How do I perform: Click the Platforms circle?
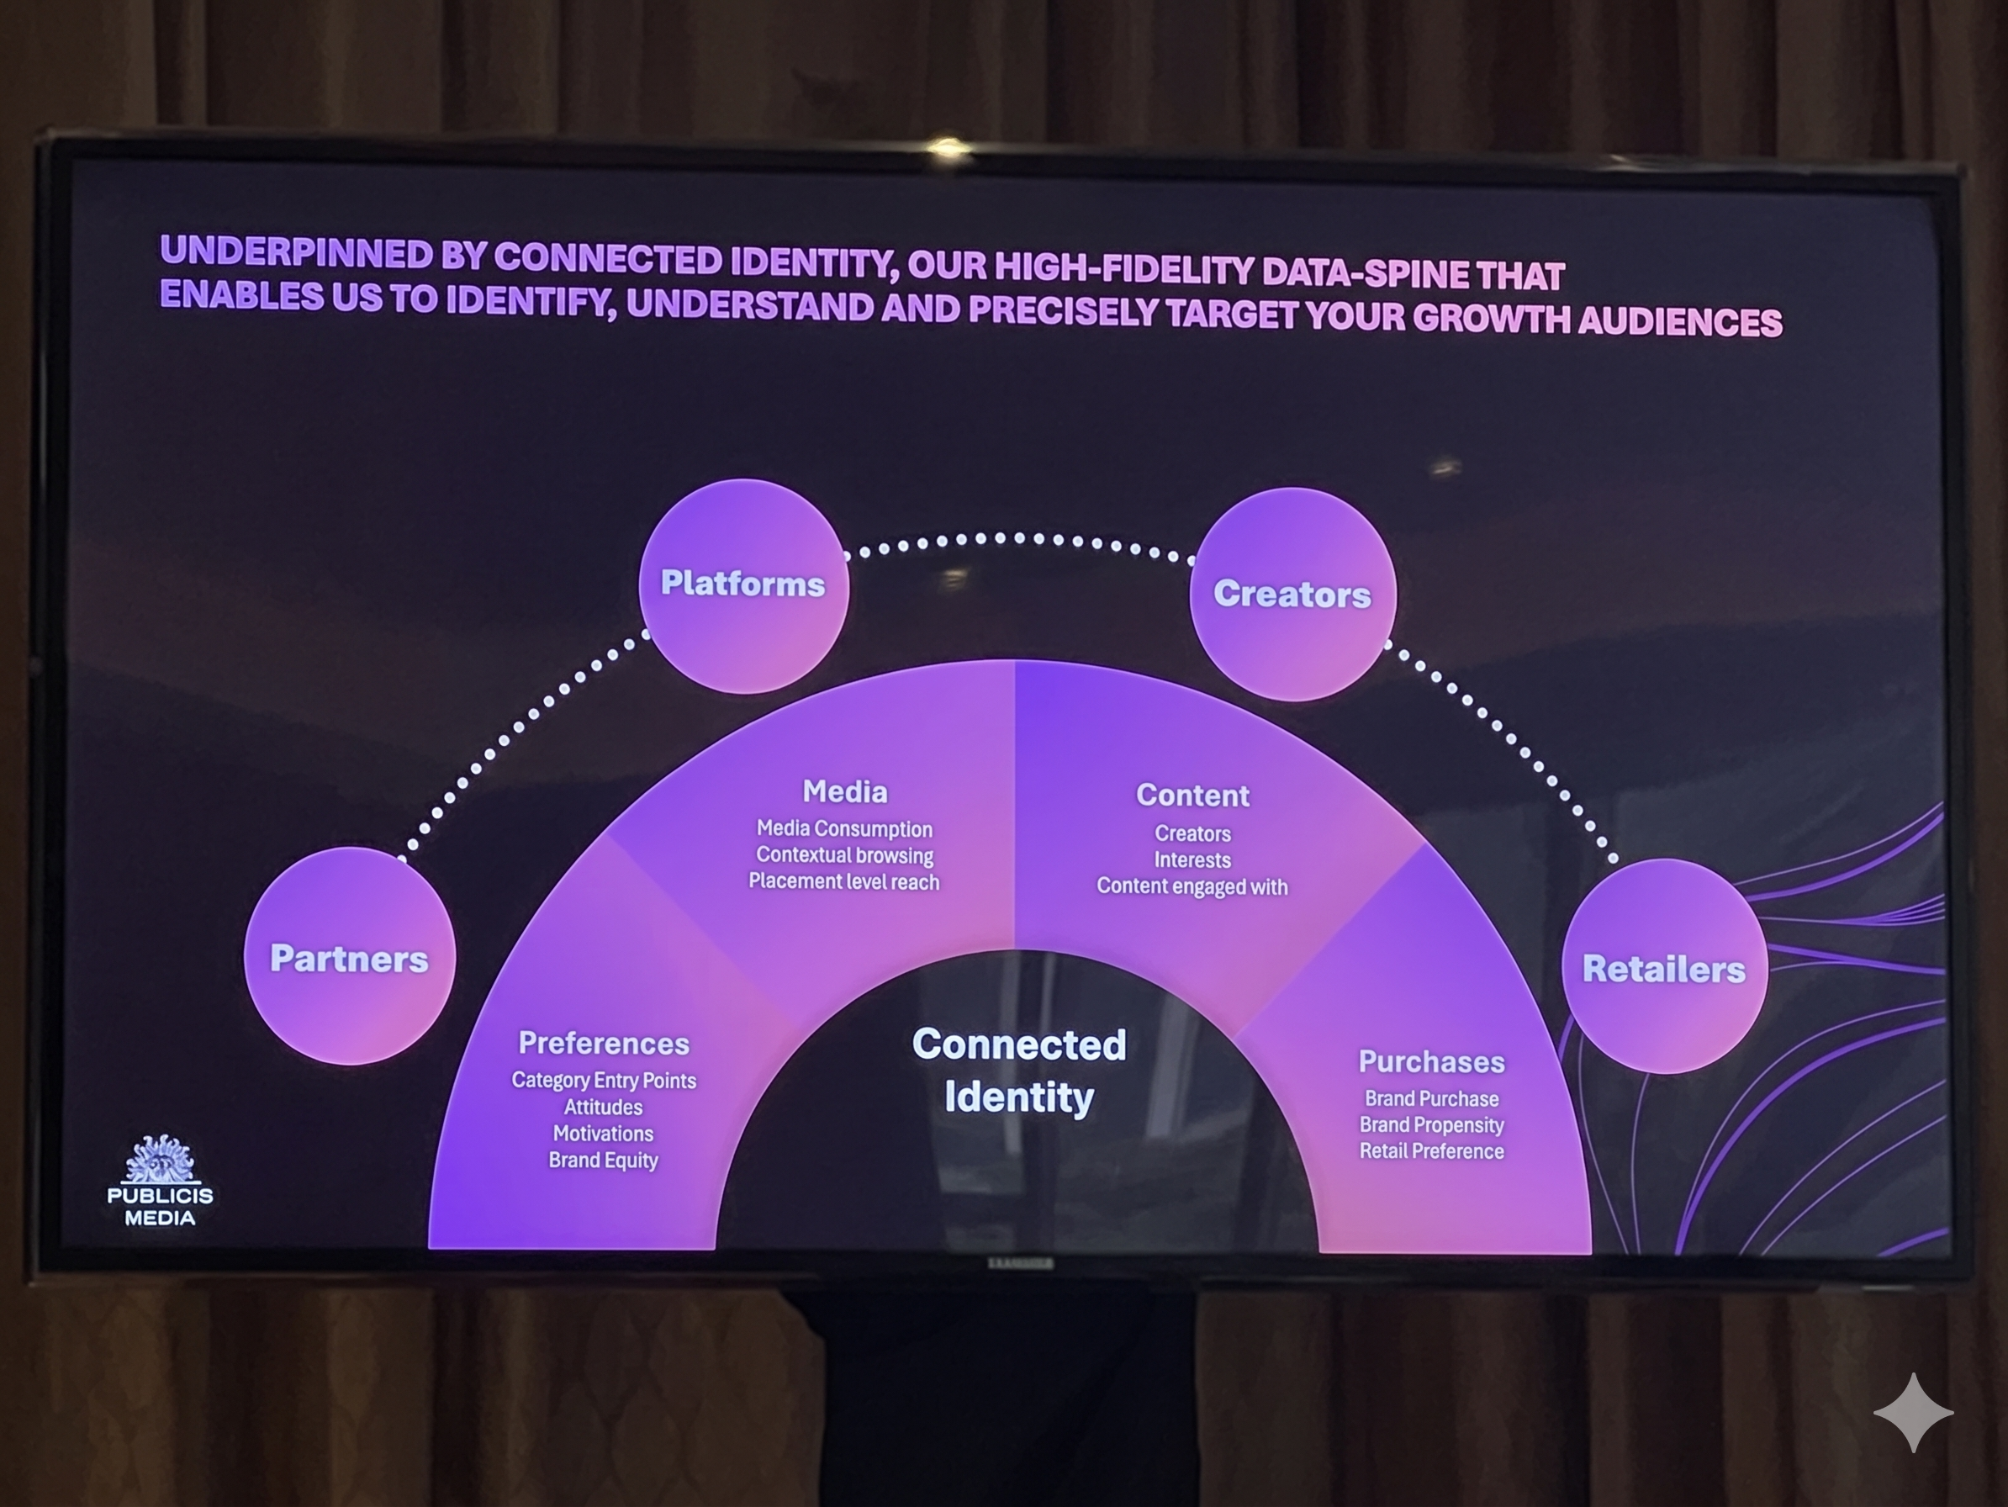(743, 584)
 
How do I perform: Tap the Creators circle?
(1292, 595)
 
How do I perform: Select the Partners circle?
(350, 959)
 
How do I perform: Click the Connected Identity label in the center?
(1018, 1071)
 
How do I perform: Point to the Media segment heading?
(844, 791)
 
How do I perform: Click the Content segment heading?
(1193, 796)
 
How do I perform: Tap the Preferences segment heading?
(604, 1043)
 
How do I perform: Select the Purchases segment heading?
(1431, 1061)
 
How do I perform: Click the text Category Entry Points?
(604, 1081)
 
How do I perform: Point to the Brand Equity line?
(604, 1161)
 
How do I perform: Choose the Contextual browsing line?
(844, 855)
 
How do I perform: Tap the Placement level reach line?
(844, 881)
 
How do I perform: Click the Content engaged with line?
(1192, 886)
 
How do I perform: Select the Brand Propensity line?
(1431, 1125)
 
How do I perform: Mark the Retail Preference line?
(1431, 1151)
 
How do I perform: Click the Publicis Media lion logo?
(160, 1160)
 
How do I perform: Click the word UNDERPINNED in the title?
(296, 252)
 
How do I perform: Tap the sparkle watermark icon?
(1913, 1413)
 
